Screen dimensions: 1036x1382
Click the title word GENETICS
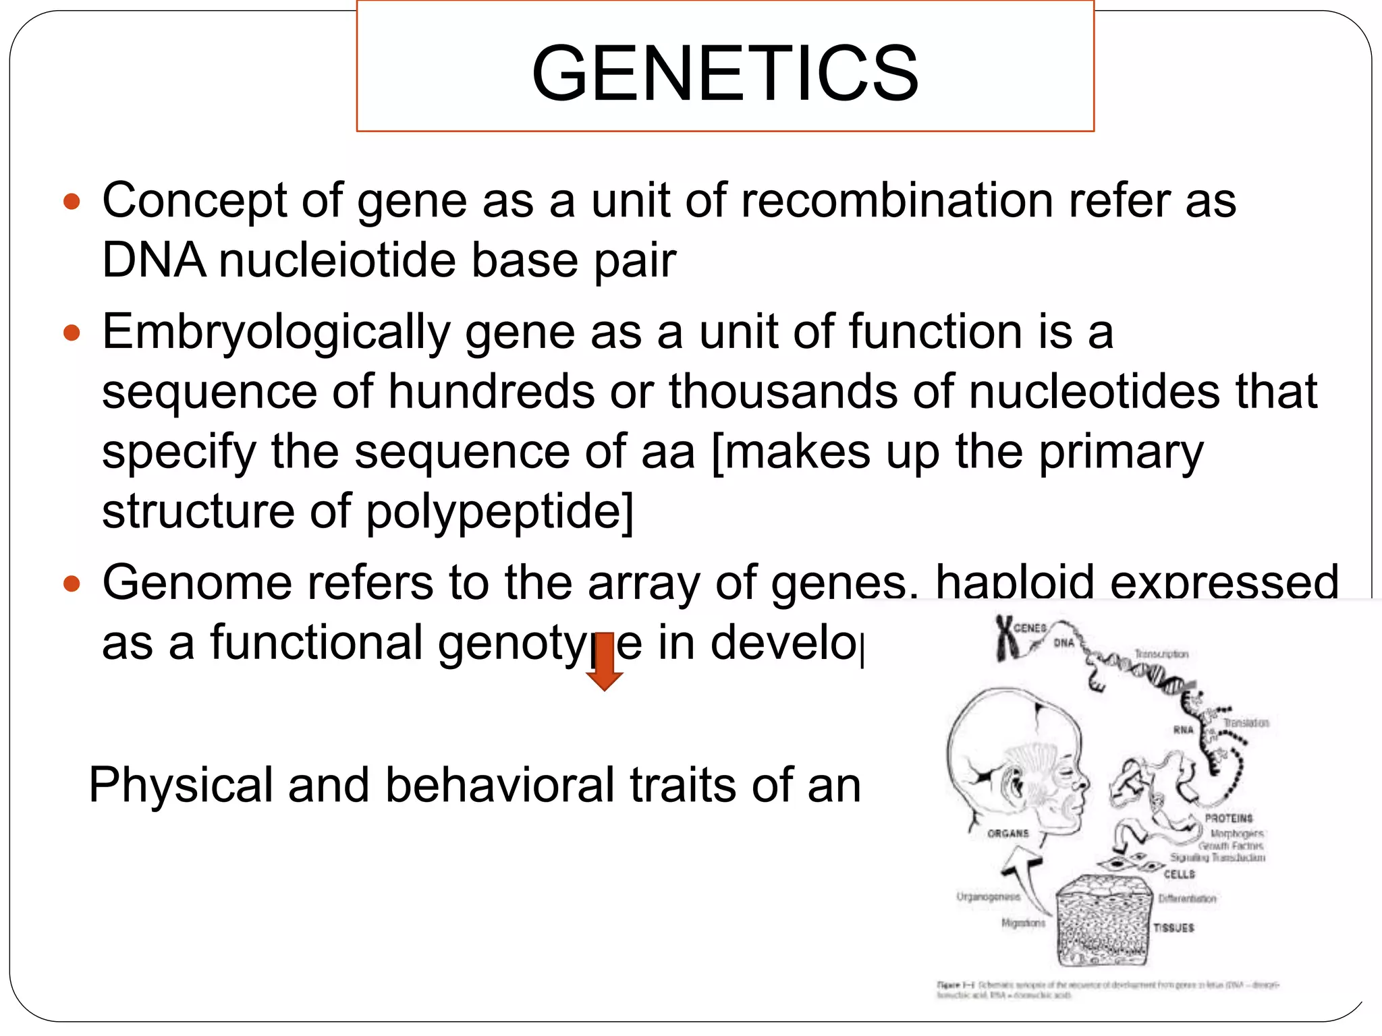[725, 73]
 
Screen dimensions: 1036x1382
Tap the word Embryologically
[276, 333]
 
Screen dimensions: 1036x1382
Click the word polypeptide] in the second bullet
[499, 511]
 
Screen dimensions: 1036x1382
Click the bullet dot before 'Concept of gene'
[72, 202]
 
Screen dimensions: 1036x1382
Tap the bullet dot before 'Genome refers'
[72, 583]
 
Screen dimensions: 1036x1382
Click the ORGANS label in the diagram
[1008, 834]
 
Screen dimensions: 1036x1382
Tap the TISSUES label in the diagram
[1173, 928]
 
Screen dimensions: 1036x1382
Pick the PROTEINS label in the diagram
[1228, 818]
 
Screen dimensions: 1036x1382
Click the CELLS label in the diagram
[1179, 874]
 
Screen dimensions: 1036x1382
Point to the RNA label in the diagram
[1183, 730]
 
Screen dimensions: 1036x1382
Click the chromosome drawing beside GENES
[1007, 637]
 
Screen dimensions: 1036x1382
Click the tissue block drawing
[1102, 921]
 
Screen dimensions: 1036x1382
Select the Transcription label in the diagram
[1161, 654]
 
